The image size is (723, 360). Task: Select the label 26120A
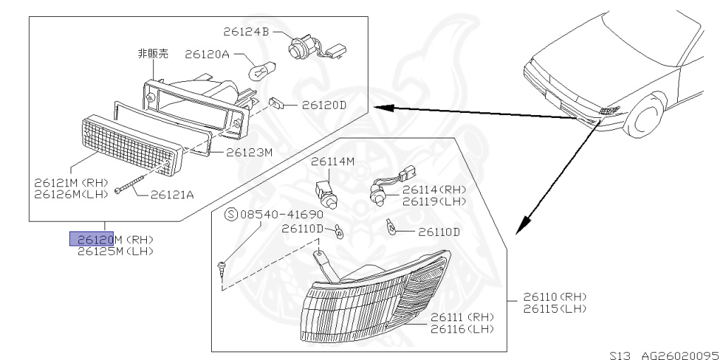208,54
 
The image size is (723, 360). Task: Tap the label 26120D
324,105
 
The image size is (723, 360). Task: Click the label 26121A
172,195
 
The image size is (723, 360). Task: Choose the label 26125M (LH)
115,251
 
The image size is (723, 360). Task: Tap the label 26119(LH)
434,201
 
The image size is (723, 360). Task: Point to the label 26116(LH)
462,328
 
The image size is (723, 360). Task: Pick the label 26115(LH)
555,309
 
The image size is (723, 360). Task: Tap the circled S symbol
230,213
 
